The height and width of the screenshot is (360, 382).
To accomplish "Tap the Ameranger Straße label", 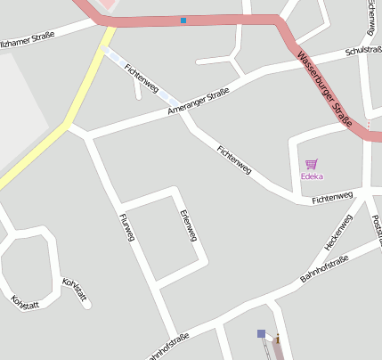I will tap(198, 102).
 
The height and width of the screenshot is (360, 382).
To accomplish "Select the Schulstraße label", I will tap(351, 53).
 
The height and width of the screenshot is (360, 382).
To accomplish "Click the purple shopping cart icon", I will tap(311, 164).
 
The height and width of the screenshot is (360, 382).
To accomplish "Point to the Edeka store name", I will tap(312, 176).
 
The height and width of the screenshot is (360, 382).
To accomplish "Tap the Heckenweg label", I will tap(339, 231).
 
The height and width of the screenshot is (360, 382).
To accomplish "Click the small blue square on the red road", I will tap(183, 20).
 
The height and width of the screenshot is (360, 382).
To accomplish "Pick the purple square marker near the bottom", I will tap(261, 333).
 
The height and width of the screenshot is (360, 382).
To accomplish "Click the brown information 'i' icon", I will tap(278, 339).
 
